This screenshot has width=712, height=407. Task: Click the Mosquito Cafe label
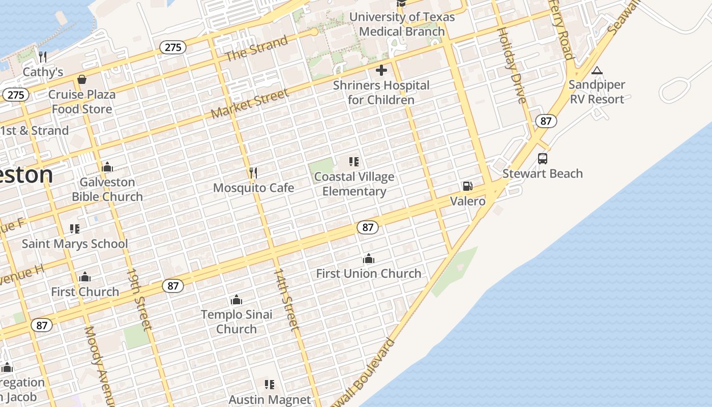(x=253, y=188)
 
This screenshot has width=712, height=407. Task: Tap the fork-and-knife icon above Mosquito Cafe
(x=253, y=173)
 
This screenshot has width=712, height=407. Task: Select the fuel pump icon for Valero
(x=467, y=187)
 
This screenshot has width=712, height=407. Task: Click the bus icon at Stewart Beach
(x=543, y=159)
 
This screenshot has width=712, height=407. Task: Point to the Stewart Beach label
(x=542, y=173)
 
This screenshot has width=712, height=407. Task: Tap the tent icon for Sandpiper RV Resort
(x=597, y=70)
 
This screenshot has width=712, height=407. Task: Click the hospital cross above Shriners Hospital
(x=381, y=70)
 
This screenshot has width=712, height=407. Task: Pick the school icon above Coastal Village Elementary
(x=354, y=162)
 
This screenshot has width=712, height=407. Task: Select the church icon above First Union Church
(x=369, y=259)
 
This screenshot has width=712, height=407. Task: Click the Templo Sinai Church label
(x=236, y=322)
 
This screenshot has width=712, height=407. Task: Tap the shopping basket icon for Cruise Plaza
(x=81, y=79)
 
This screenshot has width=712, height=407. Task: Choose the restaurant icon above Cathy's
(x=43, y=56)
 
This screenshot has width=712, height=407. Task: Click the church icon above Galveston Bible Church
(x=107, y=167)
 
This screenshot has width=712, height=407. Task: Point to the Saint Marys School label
(x=75, y=244)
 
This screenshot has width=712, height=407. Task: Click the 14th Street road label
(x=286, y=300)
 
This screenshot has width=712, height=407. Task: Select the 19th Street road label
(x=138, y=300)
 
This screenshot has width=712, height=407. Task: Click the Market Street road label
(x=250, y=103)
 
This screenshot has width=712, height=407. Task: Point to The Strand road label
(x=256, y=48)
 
